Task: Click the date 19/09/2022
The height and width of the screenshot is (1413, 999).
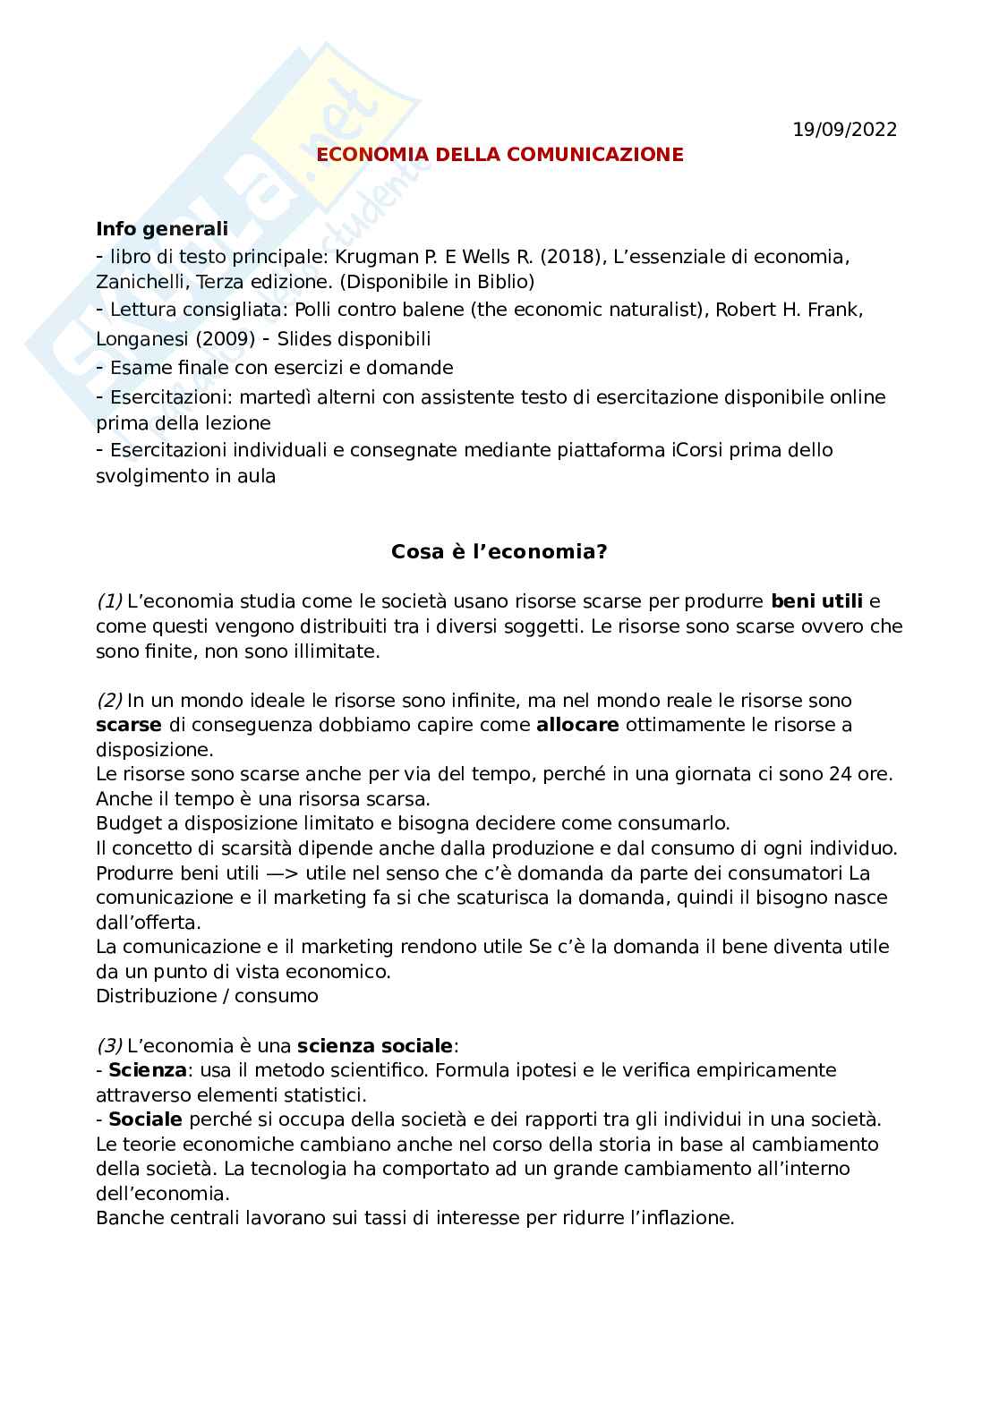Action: (844, 130)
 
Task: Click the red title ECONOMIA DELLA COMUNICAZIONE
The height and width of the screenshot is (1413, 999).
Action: (499, 155)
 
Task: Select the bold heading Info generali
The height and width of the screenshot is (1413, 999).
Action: (162, 229)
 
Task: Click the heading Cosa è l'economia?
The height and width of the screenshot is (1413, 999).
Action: (499, 552)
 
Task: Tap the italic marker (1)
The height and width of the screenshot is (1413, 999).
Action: (109, 601)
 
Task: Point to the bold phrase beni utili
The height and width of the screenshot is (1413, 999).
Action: (816, 601)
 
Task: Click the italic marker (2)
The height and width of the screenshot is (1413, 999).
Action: (109, 701)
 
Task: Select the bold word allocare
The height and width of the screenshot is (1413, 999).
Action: (577, 725)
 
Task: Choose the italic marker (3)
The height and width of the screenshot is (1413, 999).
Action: (109, 1045)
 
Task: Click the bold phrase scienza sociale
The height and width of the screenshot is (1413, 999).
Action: (375, 1045)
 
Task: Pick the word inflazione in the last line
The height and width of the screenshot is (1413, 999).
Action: (686, 1218)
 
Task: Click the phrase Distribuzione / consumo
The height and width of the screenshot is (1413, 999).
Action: (207, 996)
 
